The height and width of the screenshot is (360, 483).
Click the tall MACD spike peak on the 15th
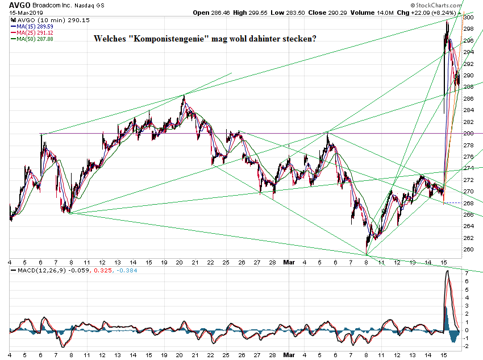click(x=447, y=271)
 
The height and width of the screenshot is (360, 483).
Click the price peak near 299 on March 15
click(x=447, y=21)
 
